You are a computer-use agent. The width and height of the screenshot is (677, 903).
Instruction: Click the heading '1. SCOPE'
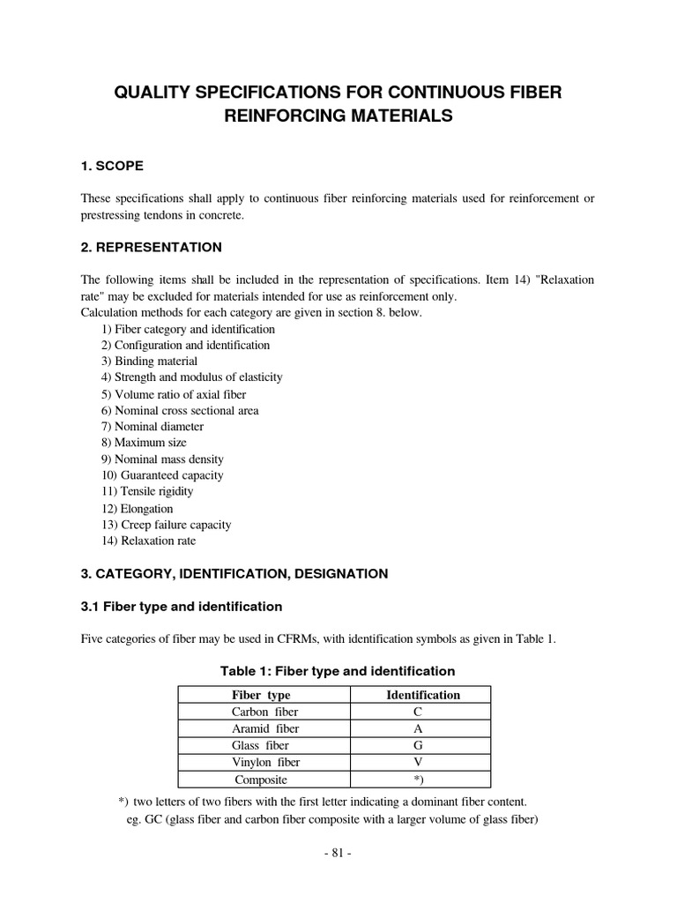(x=112, y=166)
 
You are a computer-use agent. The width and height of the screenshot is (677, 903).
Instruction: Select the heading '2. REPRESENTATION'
(x=151, y=247)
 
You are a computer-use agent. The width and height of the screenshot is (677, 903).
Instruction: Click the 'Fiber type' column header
(x=261, y=695)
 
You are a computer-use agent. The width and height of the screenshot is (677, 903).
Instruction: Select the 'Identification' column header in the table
(x=423, y=695)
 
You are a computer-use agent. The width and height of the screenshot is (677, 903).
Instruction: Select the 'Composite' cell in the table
(x=261, y=780)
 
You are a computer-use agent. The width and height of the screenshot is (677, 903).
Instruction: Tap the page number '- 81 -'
(x=338, y=854)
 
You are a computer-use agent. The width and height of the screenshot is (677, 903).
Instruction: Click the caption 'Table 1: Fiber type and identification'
(x=337, y=671)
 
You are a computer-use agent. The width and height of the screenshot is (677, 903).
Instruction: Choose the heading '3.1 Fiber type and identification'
(x=182, y=607)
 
